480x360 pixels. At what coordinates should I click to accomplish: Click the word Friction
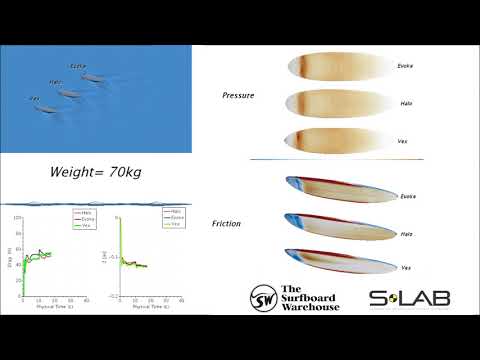pos(234,225)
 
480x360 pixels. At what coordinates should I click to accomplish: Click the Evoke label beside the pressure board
pos(405,66)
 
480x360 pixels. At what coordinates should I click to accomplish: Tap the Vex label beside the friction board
pos(406,269)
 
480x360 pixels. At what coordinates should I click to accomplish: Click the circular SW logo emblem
pos(263,297)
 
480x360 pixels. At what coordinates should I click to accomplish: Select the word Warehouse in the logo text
pos(311,306)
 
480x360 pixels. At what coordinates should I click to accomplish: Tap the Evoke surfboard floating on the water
pos(88,77)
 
